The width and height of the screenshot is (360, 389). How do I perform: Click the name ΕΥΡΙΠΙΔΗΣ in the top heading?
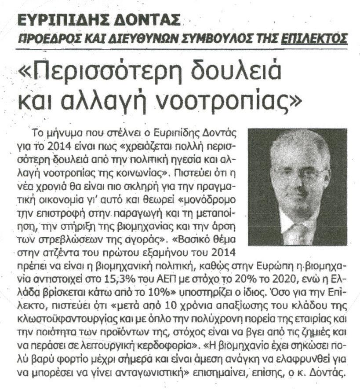pyautogui.click(x=65, y=20)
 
